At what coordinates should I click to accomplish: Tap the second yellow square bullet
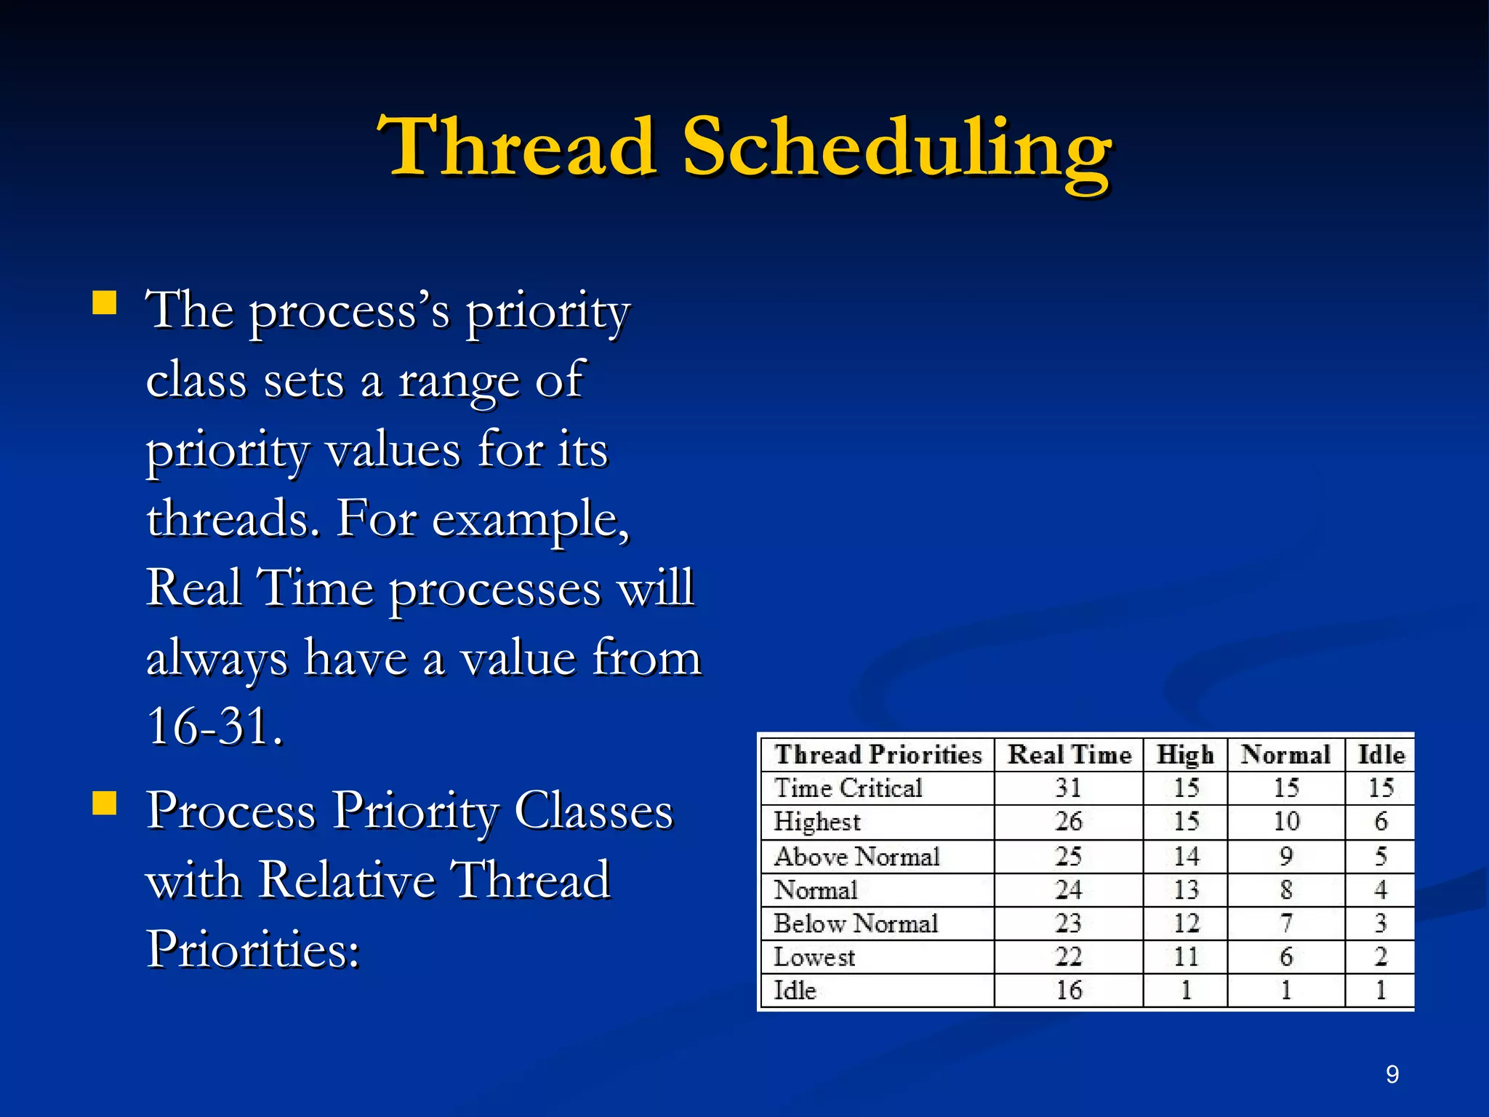(x=105, y=804)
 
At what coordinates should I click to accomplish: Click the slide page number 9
(x=1392, y=1074)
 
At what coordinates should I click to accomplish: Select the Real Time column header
(x=1069, y=755)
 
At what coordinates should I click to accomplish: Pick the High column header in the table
(x=1185, y=755)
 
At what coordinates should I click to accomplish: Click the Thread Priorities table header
(x=878, y=755)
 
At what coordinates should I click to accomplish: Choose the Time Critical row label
(x=848, y=788)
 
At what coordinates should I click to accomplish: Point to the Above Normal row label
(x=856, y=857)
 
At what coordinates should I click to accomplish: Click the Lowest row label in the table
(x=814, y=957)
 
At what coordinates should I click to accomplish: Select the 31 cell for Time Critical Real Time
(x=1069, y=788)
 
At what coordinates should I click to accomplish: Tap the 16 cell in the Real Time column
(x=1069, y=990)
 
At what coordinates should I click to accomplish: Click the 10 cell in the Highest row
(x=1286, y=822)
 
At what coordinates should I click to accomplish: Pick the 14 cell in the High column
(x=1186, y=857)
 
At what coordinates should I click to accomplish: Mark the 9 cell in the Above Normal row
(x=1286, y=857)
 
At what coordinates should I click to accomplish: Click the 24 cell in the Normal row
(x=1069, y=890)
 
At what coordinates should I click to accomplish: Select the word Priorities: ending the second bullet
(x=253, y=949)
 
